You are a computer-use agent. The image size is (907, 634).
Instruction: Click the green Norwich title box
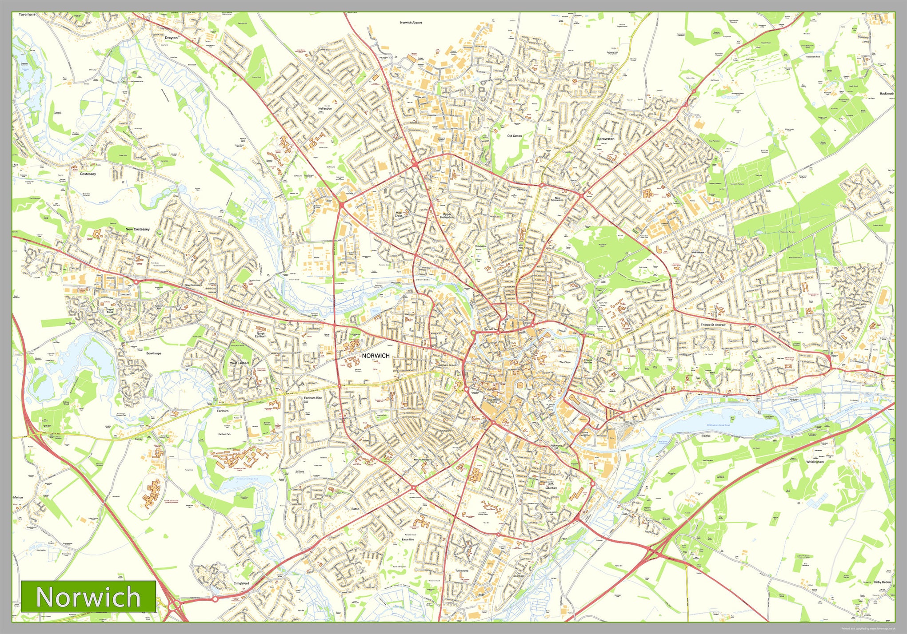click(x=88, y=596)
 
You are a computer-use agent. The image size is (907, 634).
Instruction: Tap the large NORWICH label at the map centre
click(x=376, y=356)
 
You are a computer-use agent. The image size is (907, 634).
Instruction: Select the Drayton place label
click(x=171, y=38)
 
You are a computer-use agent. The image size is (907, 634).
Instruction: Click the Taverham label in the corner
click(x=27, y=15)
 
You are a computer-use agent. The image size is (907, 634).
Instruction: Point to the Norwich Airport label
click(x=411, y=23)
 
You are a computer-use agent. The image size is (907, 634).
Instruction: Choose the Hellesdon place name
click(x=325, y=108)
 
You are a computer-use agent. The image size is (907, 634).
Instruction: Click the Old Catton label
click(x=514, y=136)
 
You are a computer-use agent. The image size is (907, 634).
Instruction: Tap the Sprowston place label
click(x=606, y=139)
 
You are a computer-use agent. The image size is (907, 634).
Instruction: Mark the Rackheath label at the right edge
click(x=887, y=94)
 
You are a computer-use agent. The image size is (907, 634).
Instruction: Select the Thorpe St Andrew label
click(x=713, y=325)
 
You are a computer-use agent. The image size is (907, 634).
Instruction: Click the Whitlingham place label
click(x=815, y=462)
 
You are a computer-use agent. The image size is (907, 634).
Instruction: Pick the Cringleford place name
click(x=241, y=583)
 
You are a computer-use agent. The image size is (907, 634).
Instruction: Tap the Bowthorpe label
click(x=154, y=353)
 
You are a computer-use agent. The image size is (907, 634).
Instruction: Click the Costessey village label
click(x=88, y=174)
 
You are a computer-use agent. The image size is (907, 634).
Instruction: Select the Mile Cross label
click(x=399, y=214)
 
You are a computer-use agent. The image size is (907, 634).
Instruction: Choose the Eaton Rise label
click(x=408, y=539)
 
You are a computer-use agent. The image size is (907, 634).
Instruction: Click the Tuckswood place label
click(x=462, y=571)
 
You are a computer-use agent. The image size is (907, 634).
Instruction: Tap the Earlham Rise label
click(x=312, y=398)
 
